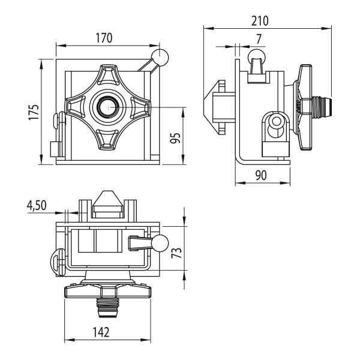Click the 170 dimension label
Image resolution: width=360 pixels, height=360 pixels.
[x=104, y=38]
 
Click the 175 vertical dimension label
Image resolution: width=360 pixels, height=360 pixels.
[x=34, y=112]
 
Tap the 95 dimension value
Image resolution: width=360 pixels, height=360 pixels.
[x=175, y=138]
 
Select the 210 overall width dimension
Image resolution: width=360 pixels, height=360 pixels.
[x=260, y=21]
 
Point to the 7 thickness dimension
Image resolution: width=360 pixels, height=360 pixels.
[x=259, y=39]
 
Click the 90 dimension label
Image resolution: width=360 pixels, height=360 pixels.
[x=261, y=175]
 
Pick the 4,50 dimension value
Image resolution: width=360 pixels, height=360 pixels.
[x=37, y=205]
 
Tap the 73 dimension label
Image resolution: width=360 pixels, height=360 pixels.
[x=176, y=253]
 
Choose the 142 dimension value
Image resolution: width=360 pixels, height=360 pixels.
[x=101, y=332]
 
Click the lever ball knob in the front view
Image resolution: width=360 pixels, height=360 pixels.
[x=160, y=57]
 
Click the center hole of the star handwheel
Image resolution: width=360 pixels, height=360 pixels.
[x=107, y=107]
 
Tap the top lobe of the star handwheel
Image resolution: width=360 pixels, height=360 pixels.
[x=107, y=74]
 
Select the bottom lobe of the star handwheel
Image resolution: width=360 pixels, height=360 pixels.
[x=107, y=140]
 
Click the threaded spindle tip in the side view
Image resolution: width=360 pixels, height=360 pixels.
[x=322, y=107]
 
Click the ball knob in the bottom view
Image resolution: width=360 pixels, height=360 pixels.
[x=160, y=244]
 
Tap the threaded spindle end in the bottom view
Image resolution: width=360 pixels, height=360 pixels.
[x=107, y=308]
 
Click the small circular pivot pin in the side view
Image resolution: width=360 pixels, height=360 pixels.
[x=276, y=121]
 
